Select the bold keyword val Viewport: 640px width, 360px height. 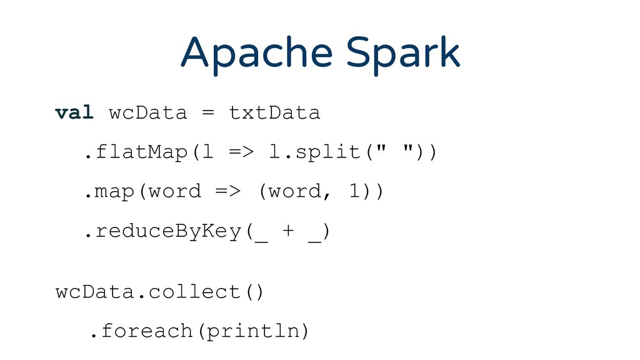(74, 113)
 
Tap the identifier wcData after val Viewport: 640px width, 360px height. (148, 113)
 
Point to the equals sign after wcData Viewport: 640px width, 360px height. (208, 113)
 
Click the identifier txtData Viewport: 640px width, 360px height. (274, 113)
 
